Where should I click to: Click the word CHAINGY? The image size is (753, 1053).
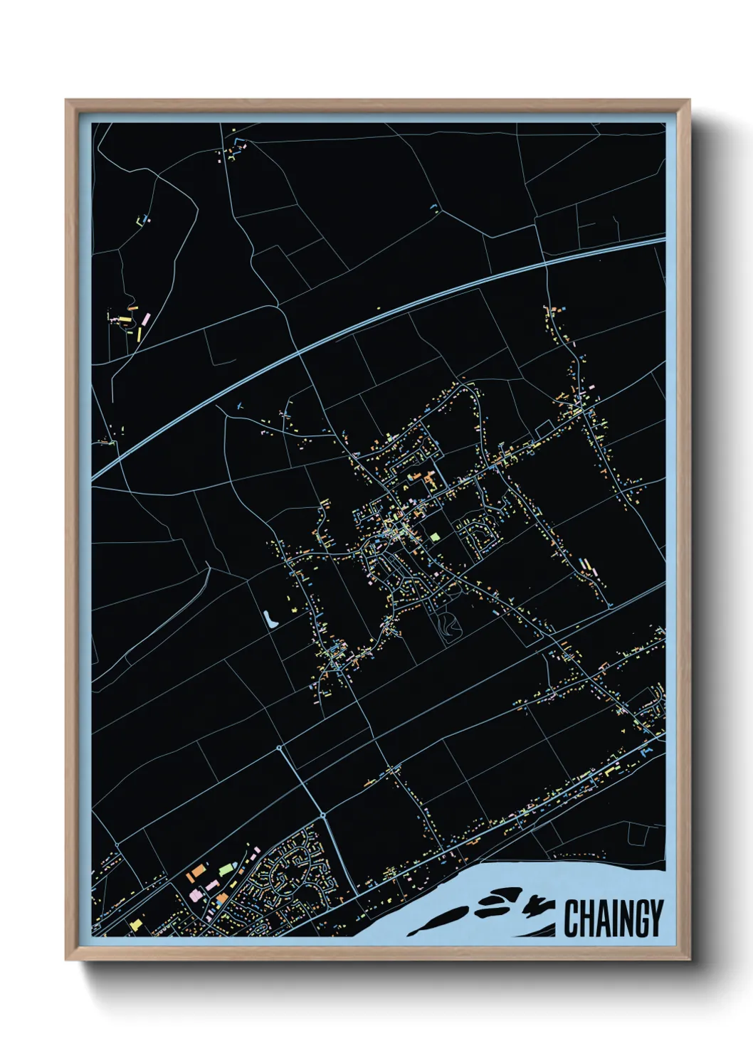point(614,919)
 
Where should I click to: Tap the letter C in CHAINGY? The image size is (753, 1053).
point(571,919)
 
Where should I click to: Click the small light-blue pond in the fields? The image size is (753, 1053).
point(270,619)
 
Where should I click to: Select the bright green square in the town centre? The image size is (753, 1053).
point(434,536)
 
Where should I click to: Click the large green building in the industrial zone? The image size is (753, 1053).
point(226,869)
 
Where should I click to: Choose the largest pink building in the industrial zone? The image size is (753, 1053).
point(194,894)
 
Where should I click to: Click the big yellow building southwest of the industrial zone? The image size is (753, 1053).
point(135,924)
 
